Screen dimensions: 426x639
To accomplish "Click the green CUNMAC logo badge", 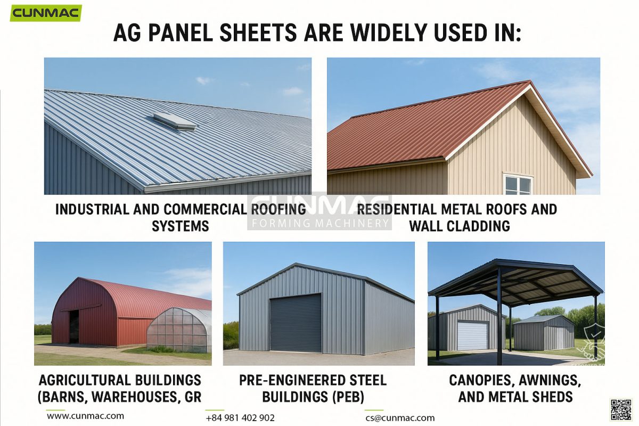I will point(46,13).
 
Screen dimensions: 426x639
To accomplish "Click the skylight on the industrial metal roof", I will point(175,121).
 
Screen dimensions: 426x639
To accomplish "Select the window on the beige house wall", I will point(518,184).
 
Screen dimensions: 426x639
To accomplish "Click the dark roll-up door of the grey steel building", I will point(296,323).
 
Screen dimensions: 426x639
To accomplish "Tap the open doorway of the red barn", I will point(73,326).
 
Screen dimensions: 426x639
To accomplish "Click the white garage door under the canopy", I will point(472,335).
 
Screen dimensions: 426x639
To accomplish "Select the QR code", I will point(620,409).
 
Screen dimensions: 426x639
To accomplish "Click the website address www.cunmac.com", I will point(85,416).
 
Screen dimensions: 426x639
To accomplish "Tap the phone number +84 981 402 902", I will point(240,418).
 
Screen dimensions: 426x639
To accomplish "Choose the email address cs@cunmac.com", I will point(400,418).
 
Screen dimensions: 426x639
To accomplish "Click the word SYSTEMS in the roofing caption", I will point(180,226).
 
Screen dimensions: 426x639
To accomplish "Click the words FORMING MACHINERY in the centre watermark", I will point(319,223).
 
